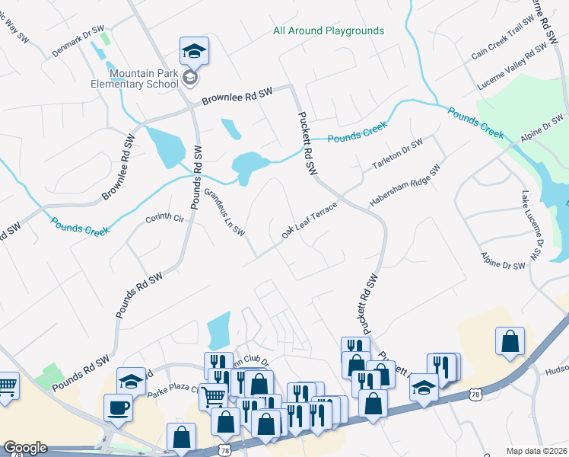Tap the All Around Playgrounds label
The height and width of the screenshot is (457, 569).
(329, 31)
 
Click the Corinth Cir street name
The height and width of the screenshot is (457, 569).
(165, 219)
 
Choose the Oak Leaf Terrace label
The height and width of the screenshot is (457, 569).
(309, 220)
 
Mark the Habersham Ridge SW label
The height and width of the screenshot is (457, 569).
(405, 188)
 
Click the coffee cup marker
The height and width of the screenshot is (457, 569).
(118, 407)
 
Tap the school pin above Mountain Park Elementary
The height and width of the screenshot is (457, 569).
(194, 52)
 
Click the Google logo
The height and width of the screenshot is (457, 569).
(25, 448)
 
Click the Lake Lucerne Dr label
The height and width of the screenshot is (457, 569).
(535, 228)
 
